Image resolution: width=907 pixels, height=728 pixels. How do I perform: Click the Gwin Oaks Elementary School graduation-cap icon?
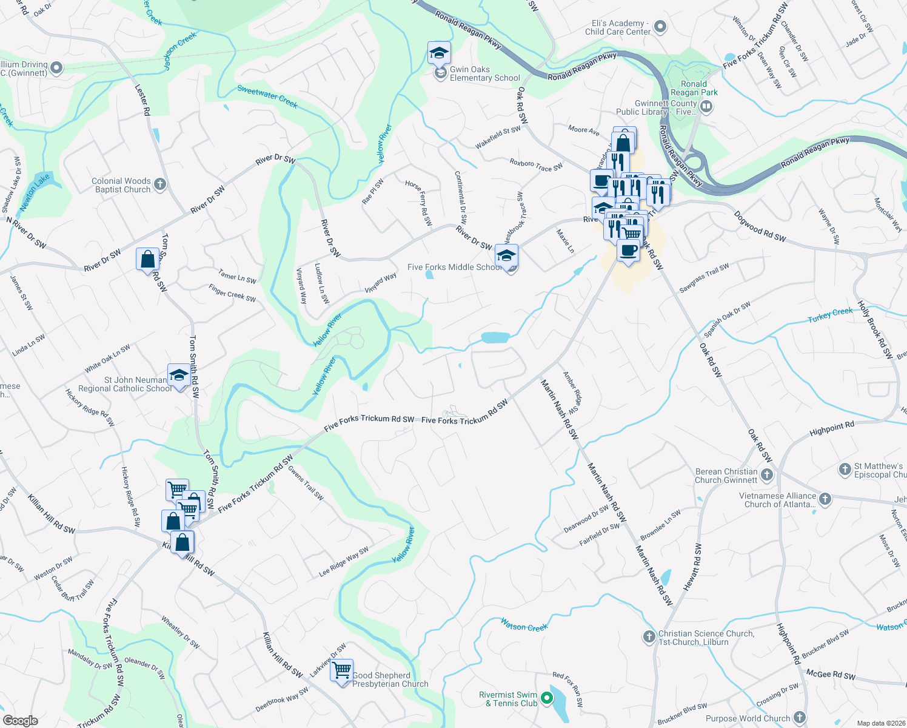tap(439, 53)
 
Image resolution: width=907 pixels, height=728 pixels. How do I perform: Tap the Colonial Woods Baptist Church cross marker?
tap(160, 184)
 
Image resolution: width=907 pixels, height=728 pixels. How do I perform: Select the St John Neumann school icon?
tap(179, 376)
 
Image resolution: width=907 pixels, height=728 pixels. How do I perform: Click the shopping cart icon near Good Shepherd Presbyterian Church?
tap(342, 670)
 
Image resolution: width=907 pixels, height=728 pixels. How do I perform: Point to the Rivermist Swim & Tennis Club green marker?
tap(547, 698)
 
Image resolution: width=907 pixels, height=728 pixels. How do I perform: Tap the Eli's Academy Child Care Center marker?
tap(660, 27)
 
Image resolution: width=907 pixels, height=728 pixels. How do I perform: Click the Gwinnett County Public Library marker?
tap(706, 107)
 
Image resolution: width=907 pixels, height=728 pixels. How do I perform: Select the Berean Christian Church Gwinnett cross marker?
tap(767, 475)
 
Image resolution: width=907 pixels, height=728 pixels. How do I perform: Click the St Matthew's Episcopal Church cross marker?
tap(845, 469)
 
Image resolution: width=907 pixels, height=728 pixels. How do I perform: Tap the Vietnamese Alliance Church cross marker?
tap(825, 499)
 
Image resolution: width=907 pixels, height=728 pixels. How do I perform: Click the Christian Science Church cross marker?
tap(649, 637)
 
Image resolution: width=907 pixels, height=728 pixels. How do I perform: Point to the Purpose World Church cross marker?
tap(800, 718)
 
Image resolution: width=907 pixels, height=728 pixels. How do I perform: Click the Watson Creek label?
tap(524, 625)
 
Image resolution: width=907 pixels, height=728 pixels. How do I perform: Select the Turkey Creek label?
tap(830, 315)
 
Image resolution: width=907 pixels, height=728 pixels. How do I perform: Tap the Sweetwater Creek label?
tap(267, 96)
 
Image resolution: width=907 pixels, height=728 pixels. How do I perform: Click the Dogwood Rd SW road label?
tap(759, 226)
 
